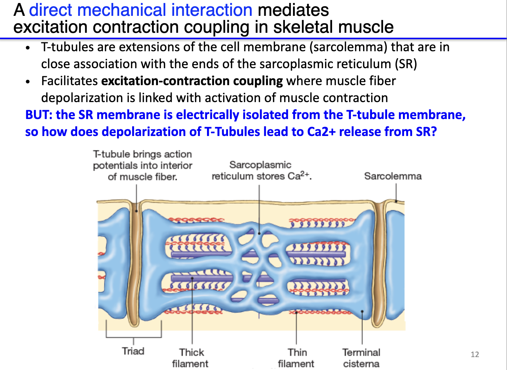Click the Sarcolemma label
(x=393, y=176)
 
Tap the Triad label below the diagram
(x=133, y=351)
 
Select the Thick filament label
(x=191, y=357)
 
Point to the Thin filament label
(x=296, y=357)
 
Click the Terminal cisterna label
(x=361, y=357)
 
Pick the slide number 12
(x=475, y=355)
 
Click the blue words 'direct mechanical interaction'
(x=141, y=10)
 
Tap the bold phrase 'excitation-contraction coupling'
(x=192, y=81)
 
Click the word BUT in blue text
(x=38, y=115)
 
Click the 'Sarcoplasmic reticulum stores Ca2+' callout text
(x=261, y=170)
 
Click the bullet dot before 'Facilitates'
(x=28, y=81)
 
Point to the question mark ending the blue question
(x=434, y=132)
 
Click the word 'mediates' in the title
(x=293, y=10)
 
